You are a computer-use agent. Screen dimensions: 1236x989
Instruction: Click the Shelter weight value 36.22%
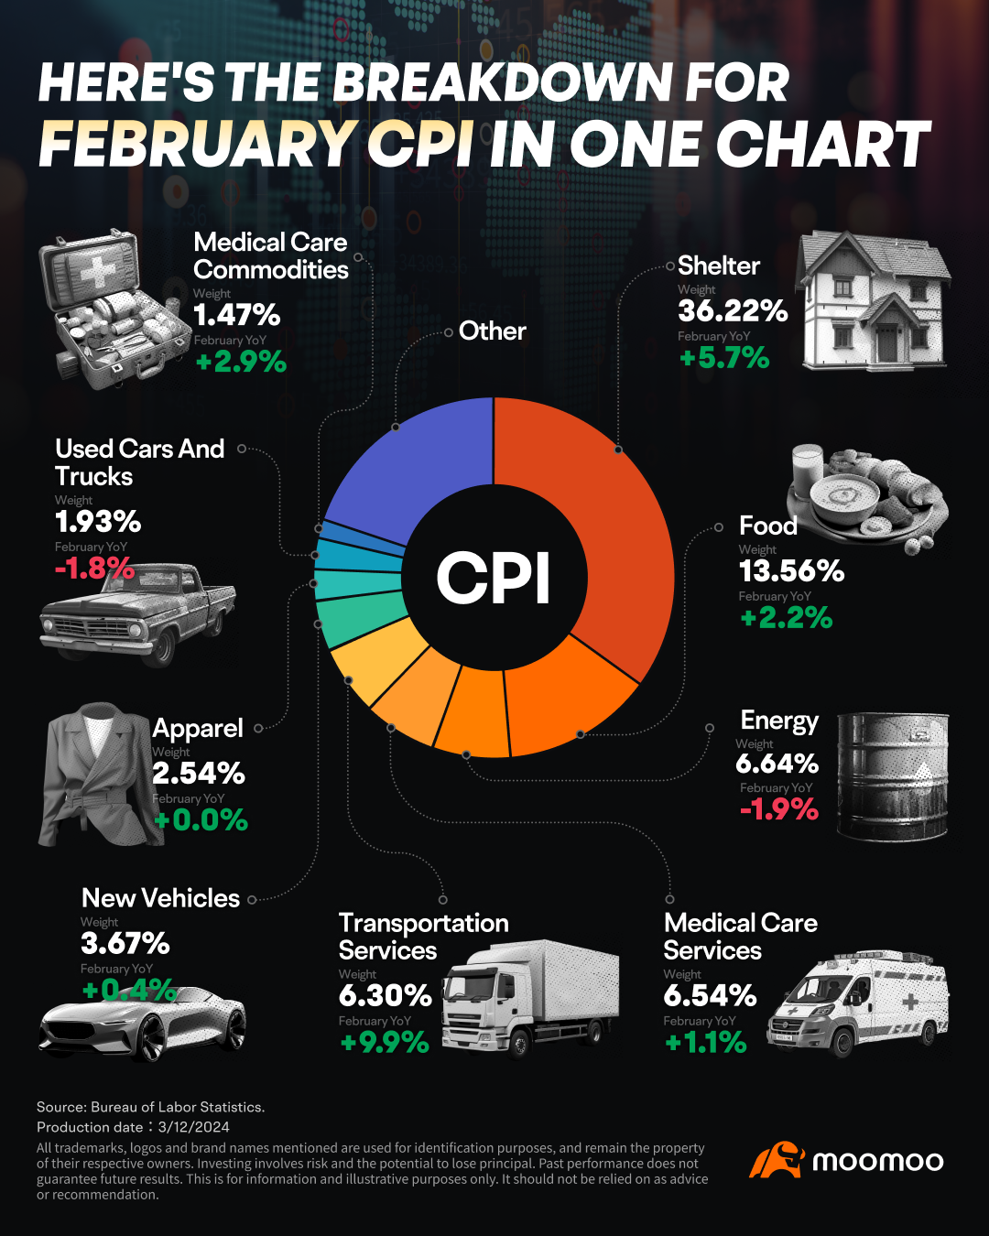(733, 311)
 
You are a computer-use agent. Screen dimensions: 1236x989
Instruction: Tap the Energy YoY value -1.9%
(778, 809)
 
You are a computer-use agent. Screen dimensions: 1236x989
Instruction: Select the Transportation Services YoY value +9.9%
(385, 1042)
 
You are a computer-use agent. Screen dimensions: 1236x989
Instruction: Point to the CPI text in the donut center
(494, 579)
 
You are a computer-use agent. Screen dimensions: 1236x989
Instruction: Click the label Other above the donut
(492, 331)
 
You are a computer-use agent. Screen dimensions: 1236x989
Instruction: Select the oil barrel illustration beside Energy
(893, 776)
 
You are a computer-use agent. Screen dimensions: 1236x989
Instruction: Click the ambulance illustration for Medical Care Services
(857, 1003)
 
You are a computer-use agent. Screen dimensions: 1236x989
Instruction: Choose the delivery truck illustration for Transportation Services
(531, 998)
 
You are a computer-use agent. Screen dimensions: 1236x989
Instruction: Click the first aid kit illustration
(105, 309)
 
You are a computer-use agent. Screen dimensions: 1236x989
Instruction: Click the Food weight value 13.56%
(791, 571)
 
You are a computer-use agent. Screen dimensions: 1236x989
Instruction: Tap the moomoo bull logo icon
(777, 1160)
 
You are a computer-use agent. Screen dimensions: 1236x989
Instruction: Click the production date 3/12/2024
(193, 1127)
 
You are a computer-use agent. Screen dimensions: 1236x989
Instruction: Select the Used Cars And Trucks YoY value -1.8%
(94, 569)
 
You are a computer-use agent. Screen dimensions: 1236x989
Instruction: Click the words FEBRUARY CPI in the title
(256, 145)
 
